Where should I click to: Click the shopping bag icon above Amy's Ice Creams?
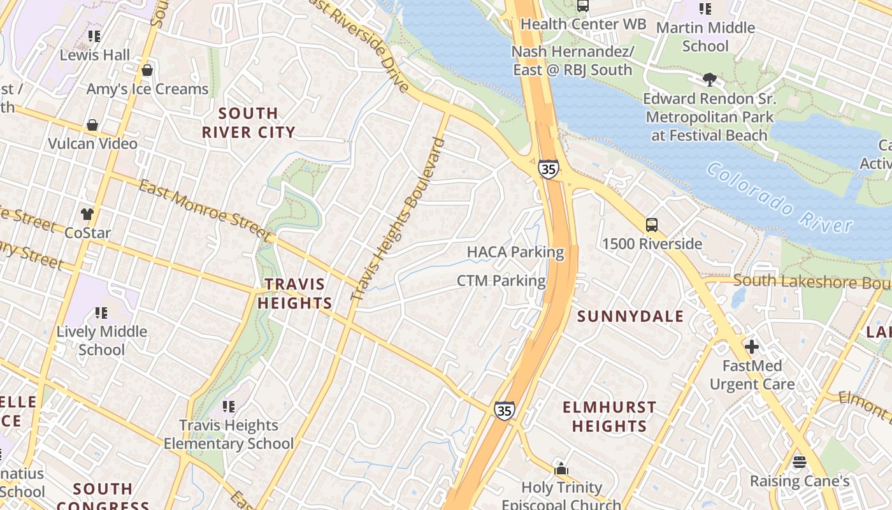point(147,70)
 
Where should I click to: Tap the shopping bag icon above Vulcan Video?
point(92,125)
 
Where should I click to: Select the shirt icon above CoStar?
point(87,214)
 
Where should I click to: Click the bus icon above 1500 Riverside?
point(652,225)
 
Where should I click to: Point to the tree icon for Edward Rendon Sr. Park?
point(709,80)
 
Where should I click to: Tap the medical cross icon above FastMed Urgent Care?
point(752,347)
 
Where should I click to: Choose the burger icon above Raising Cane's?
point(800,462)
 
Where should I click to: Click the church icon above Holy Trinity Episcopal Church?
point(561,469)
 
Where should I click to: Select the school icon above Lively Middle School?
point(101,313)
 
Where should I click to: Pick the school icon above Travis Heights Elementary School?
point(229,407)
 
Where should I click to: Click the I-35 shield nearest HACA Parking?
point(547,169)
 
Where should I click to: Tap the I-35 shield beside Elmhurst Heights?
point(504,411)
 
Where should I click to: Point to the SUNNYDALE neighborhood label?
point(630,316)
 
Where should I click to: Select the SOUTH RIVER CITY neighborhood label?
point(248,123)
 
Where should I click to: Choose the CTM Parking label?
point(501,280)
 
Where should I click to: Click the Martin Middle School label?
point(705,37)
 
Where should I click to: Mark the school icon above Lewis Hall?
point(94,36)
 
